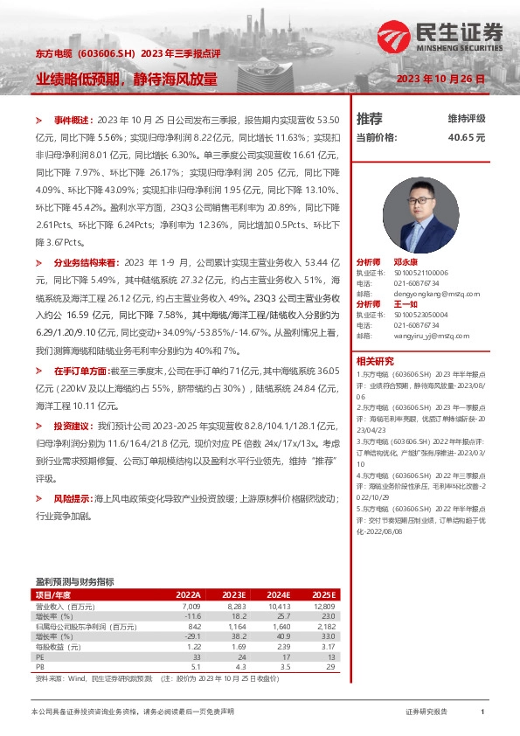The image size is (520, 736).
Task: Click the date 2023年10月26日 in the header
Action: pyautogui.click(x=440, y=79)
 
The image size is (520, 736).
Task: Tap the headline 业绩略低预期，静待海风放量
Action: pyautogui.click(x=126, y=79)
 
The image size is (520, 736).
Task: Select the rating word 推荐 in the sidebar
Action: pyautogui.click(x=370, y=119)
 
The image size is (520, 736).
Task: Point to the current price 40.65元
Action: pyautogui.click(x=467, y=137)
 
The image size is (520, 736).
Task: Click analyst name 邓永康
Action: pyautogui.click(x=405, y=262)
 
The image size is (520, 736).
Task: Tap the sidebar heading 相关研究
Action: pyautogui.click(x=376, y=360)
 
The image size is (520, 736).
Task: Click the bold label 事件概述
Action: pyautogui.click(x=71, y=119)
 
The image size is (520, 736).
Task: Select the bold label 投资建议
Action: pyautogui.click(x=71, y=426)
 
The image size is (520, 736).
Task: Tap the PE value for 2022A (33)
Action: pyautogui.click(x=197, y=656)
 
